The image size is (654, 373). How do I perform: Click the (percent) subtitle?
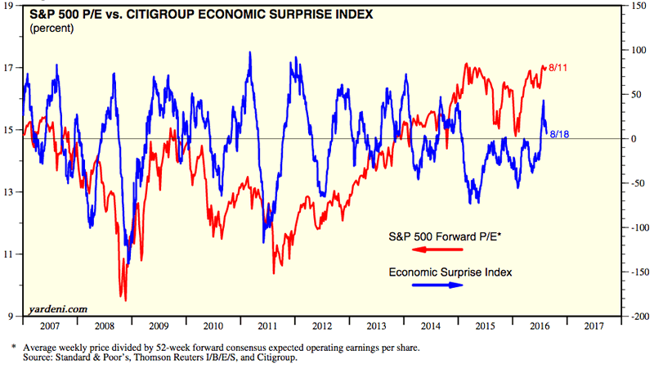51,29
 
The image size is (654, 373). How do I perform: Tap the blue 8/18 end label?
559,133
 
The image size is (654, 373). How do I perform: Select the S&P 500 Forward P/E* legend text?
446,236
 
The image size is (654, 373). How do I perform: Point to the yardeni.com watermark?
59,308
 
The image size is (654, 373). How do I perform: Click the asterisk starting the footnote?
12,348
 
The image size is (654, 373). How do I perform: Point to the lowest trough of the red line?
125,300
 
